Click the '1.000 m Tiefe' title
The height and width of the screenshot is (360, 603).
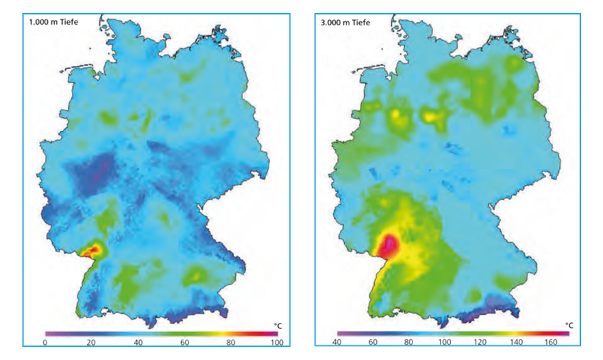53,23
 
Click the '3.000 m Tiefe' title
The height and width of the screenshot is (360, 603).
346,23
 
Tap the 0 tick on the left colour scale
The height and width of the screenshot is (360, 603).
45,341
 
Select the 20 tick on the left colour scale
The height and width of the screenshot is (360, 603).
92,341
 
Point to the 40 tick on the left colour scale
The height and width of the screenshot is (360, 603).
138,341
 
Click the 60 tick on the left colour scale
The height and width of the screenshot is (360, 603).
184,341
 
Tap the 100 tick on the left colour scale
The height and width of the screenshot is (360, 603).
275,341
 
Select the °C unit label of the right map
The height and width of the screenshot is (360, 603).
569,324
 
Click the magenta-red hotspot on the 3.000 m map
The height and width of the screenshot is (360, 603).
389,244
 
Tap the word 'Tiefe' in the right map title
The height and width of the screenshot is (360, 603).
360,23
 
